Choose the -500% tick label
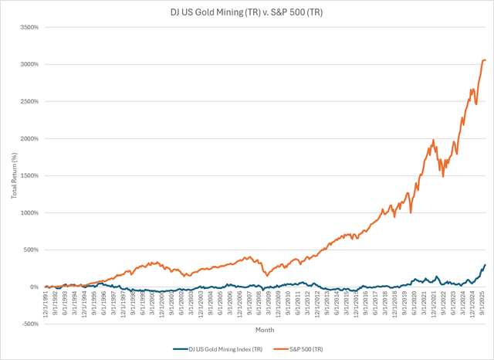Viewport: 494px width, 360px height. [29, 324]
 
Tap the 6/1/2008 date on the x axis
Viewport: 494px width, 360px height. [257, 304]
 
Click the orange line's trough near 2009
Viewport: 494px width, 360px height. [267, 275]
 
